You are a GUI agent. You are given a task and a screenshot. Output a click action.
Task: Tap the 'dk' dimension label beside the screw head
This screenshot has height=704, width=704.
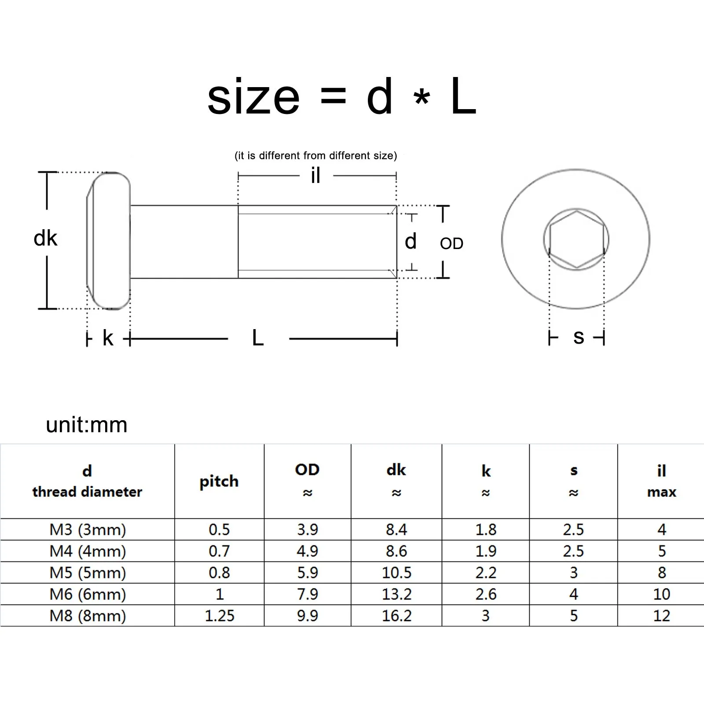point(45,238)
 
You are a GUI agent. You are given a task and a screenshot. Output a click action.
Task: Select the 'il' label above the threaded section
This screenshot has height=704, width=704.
point(315,176)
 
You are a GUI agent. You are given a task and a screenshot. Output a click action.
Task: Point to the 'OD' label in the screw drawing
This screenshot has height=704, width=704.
point(451,243)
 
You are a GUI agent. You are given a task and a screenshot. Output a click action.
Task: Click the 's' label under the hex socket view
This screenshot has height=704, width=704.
point(579,337)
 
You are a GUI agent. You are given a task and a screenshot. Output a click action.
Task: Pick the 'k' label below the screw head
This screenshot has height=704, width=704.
point(108,338)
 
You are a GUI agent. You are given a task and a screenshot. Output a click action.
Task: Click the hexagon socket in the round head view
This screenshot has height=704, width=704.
point(576,239)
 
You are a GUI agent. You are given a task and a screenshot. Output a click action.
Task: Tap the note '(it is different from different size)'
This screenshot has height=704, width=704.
point(315,155)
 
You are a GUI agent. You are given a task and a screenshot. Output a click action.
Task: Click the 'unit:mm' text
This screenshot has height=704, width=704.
point(87,425)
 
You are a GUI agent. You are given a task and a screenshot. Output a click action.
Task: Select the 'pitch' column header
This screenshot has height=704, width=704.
point(219,481)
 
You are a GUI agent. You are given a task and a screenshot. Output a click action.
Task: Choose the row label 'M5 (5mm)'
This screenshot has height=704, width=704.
point(88,572)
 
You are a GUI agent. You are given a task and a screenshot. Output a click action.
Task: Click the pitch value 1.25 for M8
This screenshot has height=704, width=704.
point(219,616)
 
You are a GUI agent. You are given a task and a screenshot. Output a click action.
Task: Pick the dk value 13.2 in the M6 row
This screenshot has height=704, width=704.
point(396,594)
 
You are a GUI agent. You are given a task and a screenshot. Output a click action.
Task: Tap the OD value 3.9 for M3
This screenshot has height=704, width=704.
point(307,529)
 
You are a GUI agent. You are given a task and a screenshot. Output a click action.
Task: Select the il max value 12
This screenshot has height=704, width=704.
point(661,616)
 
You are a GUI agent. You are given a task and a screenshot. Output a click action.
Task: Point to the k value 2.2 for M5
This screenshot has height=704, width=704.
point(486,572)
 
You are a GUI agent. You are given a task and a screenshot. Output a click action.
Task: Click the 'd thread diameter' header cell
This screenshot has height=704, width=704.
point(87,481)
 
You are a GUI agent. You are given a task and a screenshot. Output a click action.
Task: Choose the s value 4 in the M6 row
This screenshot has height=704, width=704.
point(573,594)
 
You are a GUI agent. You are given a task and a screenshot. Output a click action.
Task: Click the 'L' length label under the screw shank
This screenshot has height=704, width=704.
point(258,338)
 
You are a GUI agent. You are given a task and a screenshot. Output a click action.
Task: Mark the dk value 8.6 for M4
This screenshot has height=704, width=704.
point(396,551)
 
